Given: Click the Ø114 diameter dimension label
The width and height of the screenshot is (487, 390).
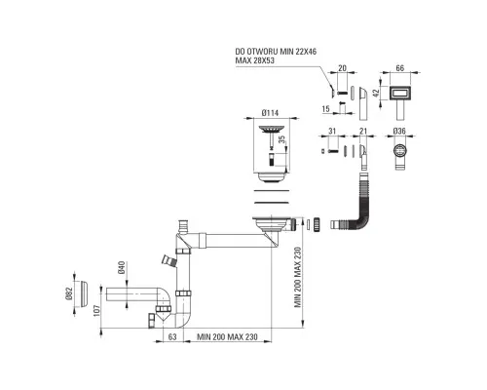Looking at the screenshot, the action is point(271,113).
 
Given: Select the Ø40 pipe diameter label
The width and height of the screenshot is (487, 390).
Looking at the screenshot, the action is point(122,267).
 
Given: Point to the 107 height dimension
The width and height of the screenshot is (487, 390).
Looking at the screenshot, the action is point(96,310).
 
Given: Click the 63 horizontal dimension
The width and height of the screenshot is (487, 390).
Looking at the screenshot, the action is point(172,336).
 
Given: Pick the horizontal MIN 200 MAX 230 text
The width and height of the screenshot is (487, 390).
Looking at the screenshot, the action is point(227,336).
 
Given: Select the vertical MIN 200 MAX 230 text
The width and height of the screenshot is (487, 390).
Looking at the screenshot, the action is point(298,277).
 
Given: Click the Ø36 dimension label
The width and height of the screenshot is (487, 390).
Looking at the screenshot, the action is point(399,131).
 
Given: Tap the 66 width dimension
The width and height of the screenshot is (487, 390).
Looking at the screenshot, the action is point(400,68).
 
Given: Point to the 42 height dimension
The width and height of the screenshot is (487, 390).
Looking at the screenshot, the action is point(376,93).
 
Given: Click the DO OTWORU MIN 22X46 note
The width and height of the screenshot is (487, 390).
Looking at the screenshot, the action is point(276,52).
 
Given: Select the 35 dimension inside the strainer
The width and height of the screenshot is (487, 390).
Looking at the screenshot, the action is point(281,139).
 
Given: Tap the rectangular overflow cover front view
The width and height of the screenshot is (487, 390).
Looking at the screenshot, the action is point(400,93).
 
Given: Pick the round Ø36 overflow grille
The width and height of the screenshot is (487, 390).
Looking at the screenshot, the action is point(400,151).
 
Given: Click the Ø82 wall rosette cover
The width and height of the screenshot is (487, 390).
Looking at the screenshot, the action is point(83,293).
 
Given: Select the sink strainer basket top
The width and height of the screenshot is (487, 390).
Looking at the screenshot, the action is point(272,129).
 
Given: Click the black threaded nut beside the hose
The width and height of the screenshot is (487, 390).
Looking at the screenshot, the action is point(317,225).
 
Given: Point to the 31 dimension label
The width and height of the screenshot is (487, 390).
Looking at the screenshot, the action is point(332,131).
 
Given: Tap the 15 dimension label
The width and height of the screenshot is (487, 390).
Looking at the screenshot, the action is point(325,108).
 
